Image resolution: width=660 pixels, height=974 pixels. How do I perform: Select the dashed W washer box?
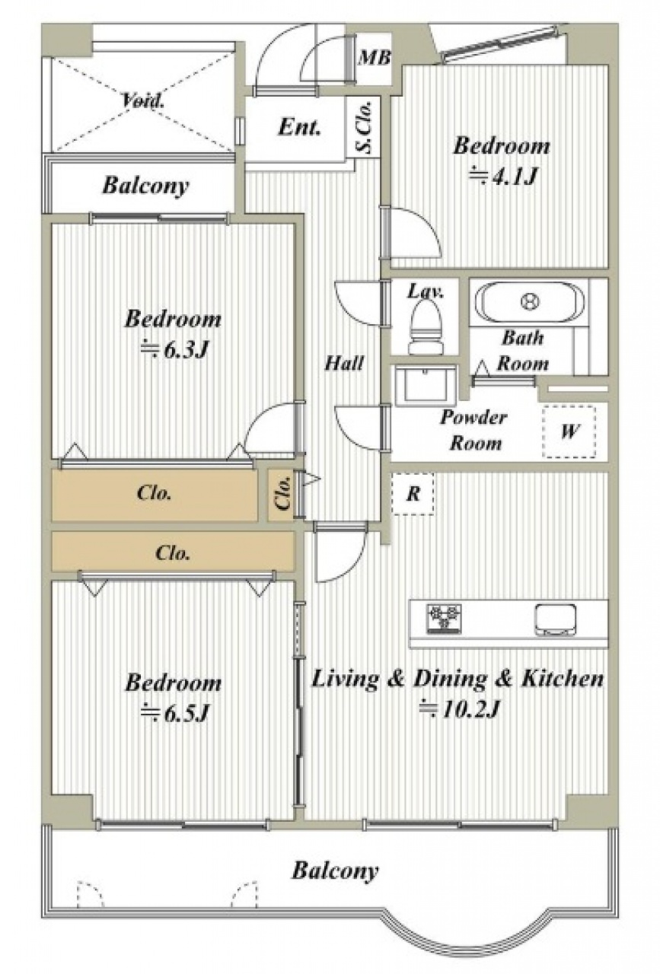pyautogui.click(x=569, y=431)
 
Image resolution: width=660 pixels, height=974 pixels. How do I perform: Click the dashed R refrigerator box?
pyautogui.click(x=413, y=494)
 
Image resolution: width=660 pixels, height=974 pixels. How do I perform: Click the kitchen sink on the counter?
pyautogui.click(x=555, y=617)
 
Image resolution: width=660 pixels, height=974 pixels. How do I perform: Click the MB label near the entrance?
pyautogui.click(x=374, y=58)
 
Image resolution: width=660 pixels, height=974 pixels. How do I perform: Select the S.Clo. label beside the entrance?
pyautogui.click(x=365, y=126)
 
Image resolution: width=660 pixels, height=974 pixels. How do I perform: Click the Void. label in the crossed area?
pyautogui.click(x=144, y=101)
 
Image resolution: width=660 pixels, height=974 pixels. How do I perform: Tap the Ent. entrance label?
pyautogui.click(x=300, y=127)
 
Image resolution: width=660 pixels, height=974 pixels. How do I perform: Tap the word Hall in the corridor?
pyautogui.click(x=344, y=363)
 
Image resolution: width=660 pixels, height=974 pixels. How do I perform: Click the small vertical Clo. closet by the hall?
pyautogui.click(x=283, y=495)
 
